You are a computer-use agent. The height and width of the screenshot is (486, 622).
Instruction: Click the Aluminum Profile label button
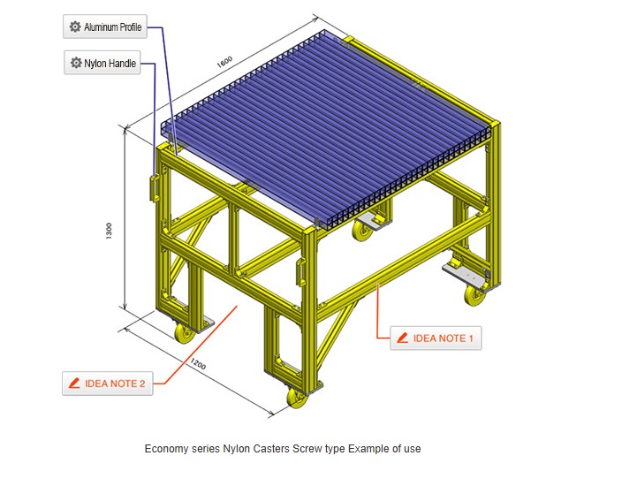coord(105,27)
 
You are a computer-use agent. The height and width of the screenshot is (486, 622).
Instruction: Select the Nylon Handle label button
coord(102,63)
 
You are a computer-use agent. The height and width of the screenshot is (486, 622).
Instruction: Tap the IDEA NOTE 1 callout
coord(436,338)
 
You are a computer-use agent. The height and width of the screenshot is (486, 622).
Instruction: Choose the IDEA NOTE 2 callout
coord(108,383)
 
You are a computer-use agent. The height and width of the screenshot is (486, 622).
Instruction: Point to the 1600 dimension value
coord(224,62)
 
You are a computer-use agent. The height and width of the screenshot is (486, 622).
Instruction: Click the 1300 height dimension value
coord(109,231)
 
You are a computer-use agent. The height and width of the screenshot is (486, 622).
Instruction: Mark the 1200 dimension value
coord(198,363)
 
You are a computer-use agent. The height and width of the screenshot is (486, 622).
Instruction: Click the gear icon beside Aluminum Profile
coord(75,27)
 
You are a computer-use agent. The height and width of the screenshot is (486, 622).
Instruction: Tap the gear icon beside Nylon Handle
coord(76,63)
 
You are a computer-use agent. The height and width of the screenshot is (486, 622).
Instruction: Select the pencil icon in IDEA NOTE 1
coord(402,338)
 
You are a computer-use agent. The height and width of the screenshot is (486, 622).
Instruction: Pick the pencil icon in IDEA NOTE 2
coord(74,383)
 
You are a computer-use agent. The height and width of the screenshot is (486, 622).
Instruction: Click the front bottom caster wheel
coord(297,399)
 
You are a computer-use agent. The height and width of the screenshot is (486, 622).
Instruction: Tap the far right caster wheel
coord(474,295)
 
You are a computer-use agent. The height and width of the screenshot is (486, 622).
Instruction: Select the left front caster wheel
coord(185,333)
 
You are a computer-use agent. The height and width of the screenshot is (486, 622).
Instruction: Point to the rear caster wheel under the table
coord(361,230)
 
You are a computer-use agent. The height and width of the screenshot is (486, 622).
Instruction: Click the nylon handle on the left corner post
coord(153,188)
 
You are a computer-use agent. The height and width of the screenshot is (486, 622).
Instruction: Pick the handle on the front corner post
coord(300,272)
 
